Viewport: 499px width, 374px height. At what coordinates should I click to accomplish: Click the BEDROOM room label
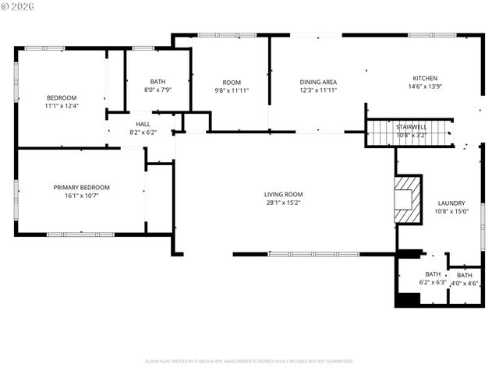[62, 97]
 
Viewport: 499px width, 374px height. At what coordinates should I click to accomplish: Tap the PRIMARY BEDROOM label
[81, 187]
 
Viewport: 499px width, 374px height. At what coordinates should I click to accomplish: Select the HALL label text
[143, 124]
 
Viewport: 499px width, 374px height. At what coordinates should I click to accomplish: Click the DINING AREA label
[318, 82]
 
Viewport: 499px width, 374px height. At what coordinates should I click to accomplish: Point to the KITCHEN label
[425, 78]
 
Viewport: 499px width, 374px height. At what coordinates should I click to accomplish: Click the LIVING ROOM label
[283, 194]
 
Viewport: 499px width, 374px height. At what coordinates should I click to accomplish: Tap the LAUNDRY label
[451, 202]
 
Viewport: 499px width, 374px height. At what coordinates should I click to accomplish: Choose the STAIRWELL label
[410, 126]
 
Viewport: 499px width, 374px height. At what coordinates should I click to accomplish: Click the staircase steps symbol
[410, 133]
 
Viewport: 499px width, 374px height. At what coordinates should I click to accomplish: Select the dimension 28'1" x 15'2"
[283, 203]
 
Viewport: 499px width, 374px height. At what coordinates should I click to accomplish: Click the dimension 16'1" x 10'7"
[81, 196]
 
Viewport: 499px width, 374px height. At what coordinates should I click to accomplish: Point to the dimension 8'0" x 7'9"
[158, 90]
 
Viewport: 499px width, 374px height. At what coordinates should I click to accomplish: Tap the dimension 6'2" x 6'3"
[433, 282]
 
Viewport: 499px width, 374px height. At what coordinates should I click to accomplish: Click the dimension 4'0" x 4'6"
[464, 283]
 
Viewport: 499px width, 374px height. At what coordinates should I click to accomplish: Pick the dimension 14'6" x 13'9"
[425, 86]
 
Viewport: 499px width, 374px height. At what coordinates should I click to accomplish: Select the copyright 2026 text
[20, 6]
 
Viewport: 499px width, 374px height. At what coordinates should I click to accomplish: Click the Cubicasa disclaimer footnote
[249, 361]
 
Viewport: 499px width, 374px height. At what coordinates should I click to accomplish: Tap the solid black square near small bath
[408, 298]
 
